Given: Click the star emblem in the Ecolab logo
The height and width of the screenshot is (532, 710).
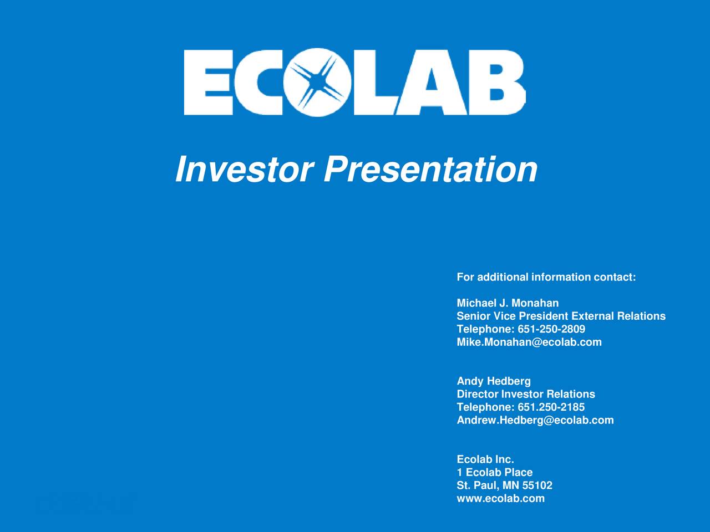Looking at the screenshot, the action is coord(317,83).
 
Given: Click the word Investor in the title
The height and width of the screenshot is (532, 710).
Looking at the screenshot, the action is coord(245,169).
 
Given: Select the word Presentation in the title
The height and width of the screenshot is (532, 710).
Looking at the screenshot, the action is coord(430,169).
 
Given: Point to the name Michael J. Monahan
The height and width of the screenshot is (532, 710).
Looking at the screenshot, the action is coord(508,303).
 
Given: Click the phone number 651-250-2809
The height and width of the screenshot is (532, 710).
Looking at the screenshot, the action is coord(551,329).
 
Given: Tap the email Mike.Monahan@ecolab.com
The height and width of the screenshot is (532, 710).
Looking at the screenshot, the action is coord(529,342).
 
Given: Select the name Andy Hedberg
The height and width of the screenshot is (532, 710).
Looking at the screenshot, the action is coord(494,381).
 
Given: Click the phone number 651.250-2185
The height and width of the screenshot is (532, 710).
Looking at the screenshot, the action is coord(551,407).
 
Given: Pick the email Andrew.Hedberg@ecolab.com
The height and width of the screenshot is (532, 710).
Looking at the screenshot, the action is coord(535,420).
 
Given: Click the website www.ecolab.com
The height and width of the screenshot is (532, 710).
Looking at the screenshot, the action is coord(501,498).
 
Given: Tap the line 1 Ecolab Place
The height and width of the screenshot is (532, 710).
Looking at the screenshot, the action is coord(495,472).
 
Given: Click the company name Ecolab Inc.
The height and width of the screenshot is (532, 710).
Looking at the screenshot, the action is coord(485,459).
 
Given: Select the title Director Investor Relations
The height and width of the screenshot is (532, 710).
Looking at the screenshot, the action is coord(526,394).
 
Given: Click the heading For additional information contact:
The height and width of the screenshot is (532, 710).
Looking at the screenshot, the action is coord(546,277).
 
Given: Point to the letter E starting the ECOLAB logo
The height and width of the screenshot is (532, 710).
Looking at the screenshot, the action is coord(209,83).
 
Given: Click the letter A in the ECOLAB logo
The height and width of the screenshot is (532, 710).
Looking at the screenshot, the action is coord(431,83).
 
